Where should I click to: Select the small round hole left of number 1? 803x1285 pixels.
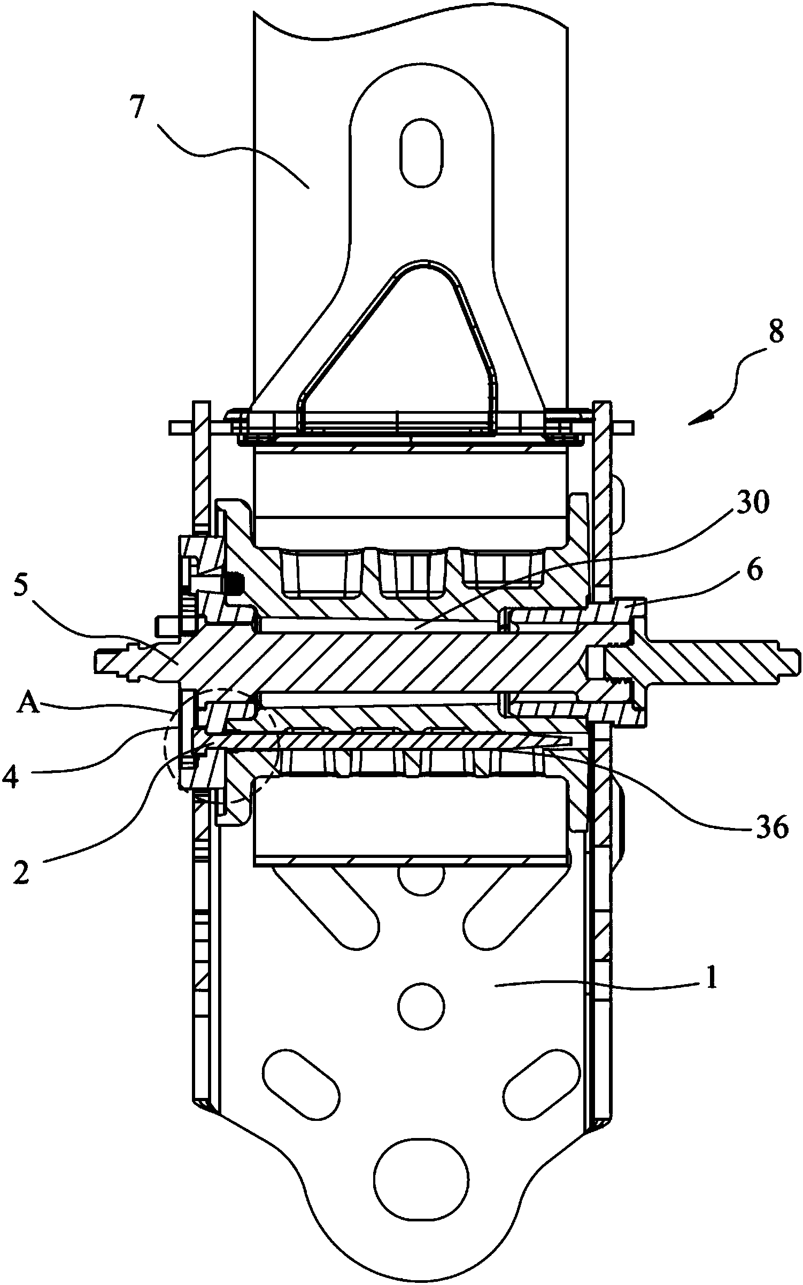click(422, 1005)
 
